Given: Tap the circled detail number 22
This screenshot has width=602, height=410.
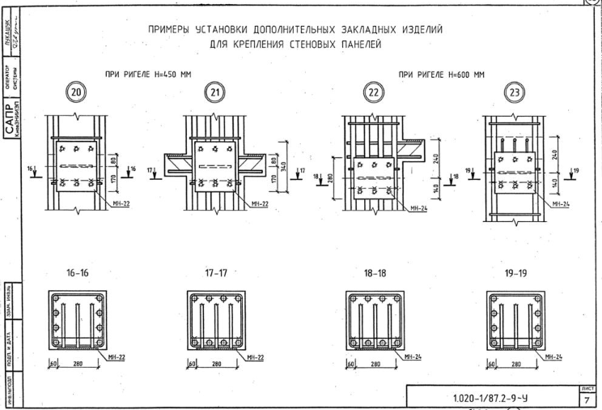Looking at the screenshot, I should coord(374,94).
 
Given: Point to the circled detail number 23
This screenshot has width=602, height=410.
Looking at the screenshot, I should coord(514,94).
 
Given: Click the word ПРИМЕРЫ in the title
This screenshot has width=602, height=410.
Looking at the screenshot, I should coord(174,30).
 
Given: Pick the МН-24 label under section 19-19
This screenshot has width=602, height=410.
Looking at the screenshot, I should coord(555,356).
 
